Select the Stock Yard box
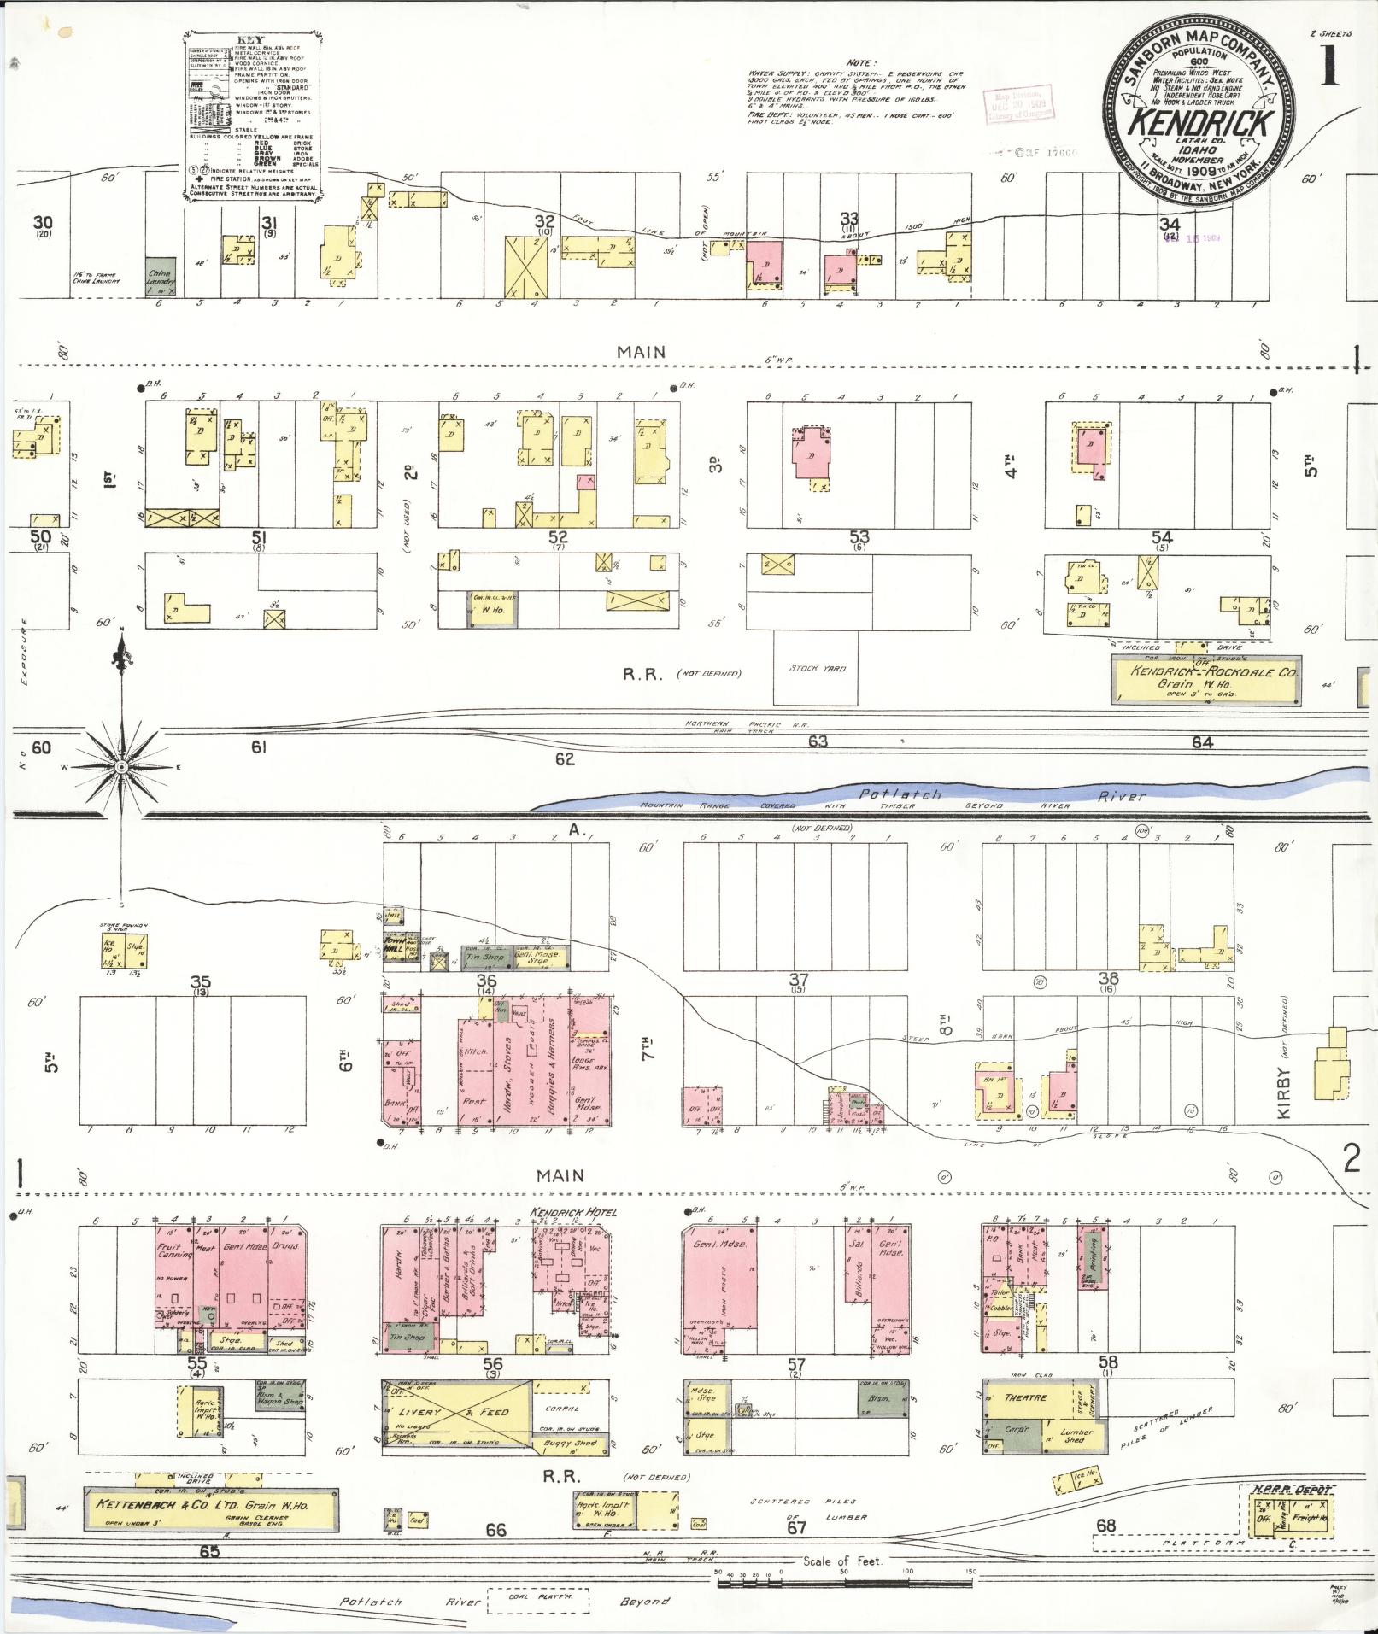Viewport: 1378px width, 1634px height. point(816,668)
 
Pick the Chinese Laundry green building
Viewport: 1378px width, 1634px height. point(161,276)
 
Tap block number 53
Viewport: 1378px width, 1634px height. point(859,536)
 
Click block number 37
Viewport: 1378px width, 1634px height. point(798,979)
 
